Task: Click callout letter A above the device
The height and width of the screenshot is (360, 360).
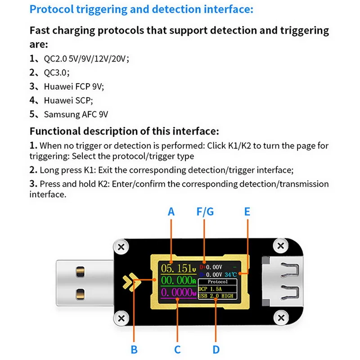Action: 171,211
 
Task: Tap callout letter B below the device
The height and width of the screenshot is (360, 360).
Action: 134,349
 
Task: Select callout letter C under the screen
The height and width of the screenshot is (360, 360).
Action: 177,349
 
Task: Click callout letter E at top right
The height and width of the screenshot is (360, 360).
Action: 247,211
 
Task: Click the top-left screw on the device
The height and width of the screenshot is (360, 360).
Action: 121,247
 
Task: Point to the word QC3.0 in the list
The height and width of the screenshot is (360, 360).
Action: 56,72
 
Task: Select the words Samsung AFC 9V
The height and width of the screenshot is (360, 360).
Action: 76,114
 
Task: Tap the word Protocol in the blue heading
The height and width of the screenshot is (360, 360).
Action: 49,9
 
